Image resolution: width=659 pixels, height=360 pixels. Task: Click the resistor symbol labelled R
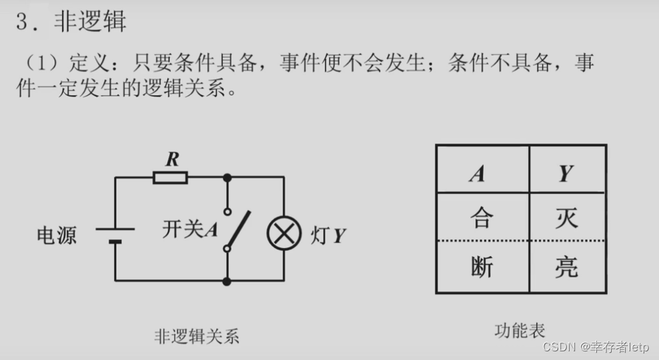coord(170,177)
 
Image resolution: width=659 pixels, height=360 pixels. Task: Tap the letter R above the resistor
coord(172,159)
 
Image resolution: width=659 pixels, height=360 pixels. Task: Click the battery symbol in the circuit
coord(115,234)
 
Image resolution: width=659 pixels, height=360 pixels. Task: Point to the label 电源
coord(57,235)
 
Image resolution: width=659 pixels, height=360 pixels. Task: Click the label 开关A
coord(191,229)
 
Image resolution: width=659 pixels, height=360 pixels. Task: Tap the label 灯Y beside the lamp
coord(327,235)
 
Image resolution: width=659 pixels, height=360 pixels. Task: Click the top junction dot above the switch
coord(227,177)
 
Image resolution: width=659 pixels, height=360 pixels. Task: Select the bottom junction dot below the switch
coord(227,281)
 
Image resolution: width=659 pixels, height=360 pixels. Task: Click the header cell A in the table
coord(477,174)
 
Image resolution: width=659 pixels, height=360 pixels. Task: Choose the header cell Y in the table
coord(566,174)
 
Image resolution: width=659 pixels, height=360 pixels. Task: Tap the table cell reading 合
coord(481,218)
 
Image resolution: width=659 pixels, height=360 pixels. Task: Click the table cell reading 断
coord(481,267)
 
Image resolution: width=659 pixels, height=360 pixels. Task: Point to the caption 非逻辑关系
coord(196,336)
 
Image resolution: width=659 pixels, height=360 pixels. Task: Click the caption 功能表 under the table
coord(520,329)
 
